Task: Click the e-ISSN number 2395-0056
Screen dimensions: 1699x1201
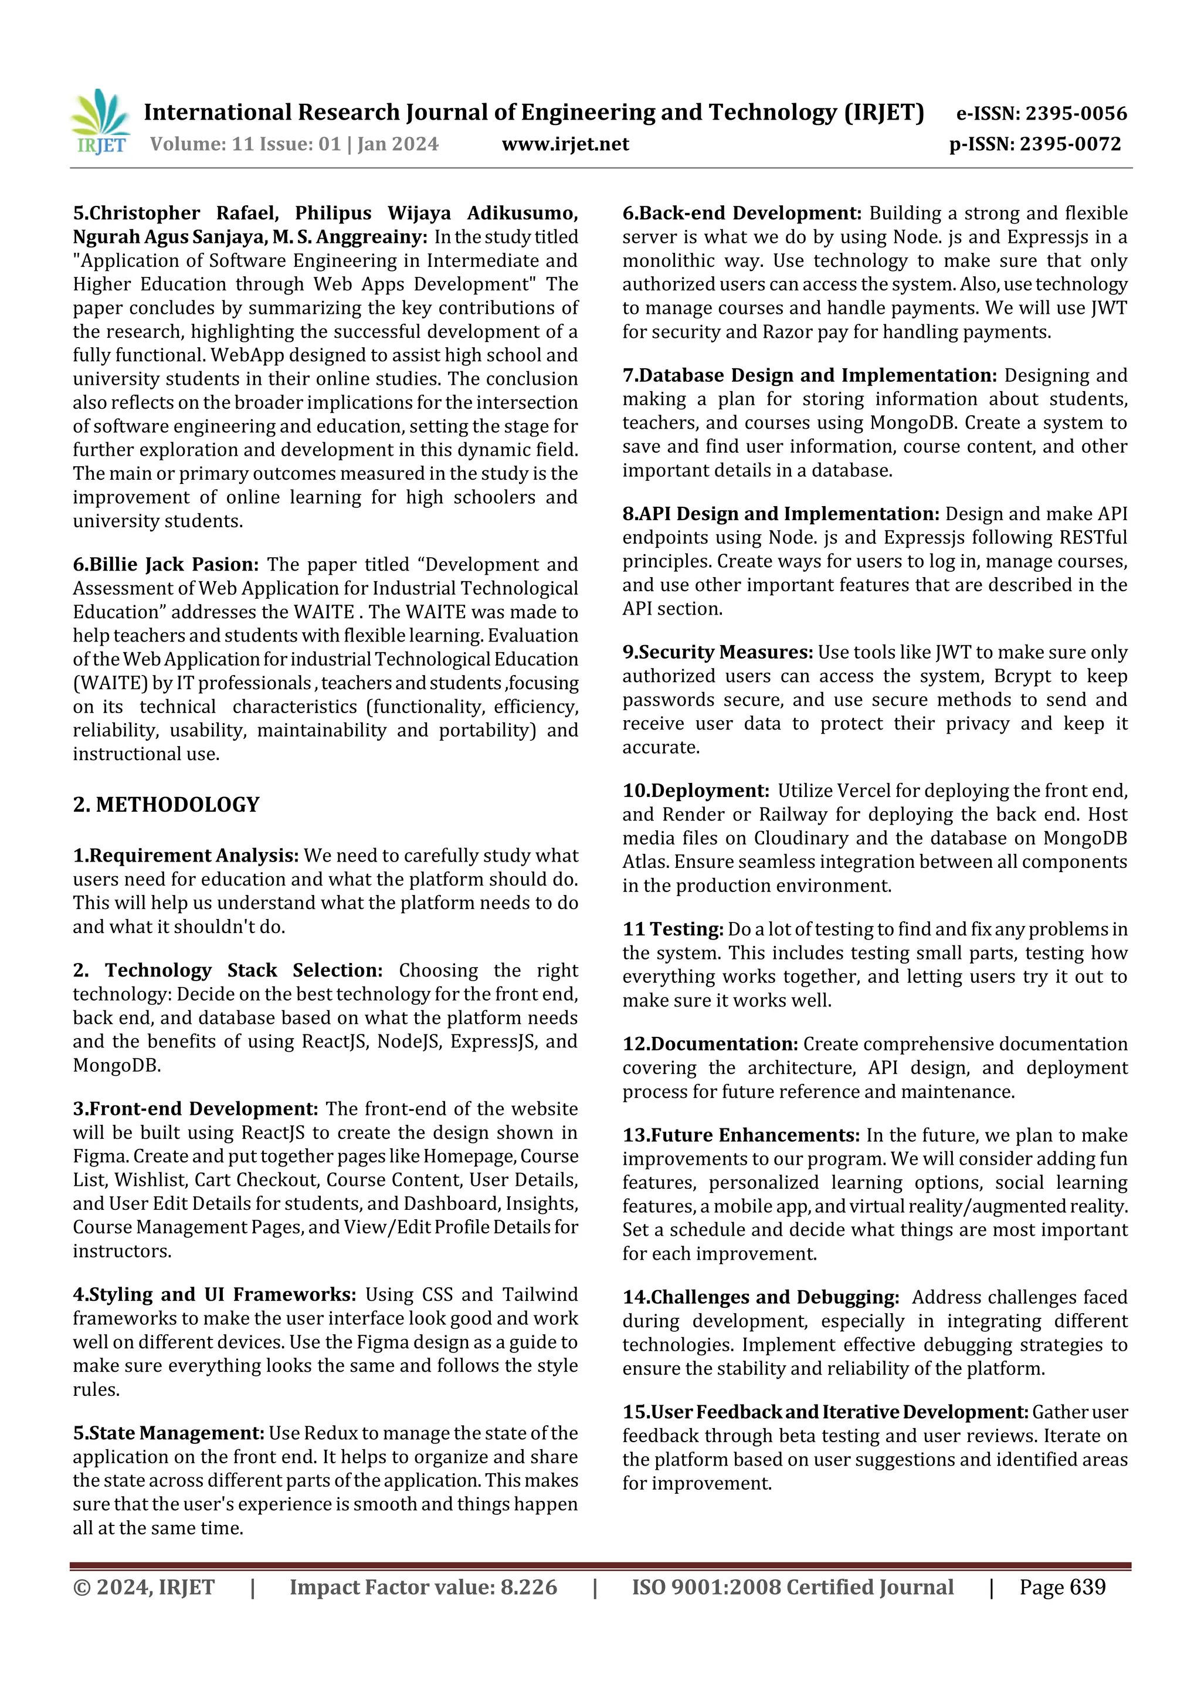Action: [x=1075, y=113]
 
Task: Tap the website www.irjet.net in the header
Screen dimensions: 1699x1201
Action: [x=565, y=144]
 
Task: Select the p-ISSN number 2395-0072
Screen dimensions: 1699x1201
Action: [x=1070, y=144]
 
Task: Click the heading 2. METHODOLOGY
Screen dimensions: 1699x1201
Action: [x=166, y=805]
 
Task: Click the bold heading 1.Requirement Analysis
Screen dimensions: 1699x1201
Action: [x=185, y=856]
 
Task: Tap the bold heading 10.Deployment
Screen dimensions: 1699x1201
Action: [x=695, y=791]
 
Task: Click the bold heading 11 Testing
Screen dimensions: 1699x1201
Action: [x=672, y=929]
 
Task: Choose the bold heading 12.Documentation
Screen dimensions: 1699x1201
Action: [x=709, y=1044]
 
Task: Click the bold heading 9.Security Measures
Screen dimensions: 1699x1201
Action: [x=716, y=652]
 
